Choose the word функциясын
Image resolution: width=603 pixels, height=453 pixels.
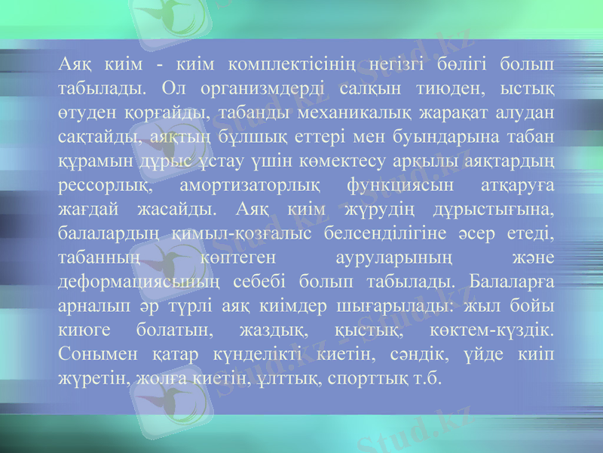pos(402,186)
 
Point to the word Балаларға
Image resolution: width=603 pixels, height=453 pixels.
pos(512,282)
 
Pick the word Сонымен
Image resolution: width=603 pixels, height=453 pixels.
pos(94,354)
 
